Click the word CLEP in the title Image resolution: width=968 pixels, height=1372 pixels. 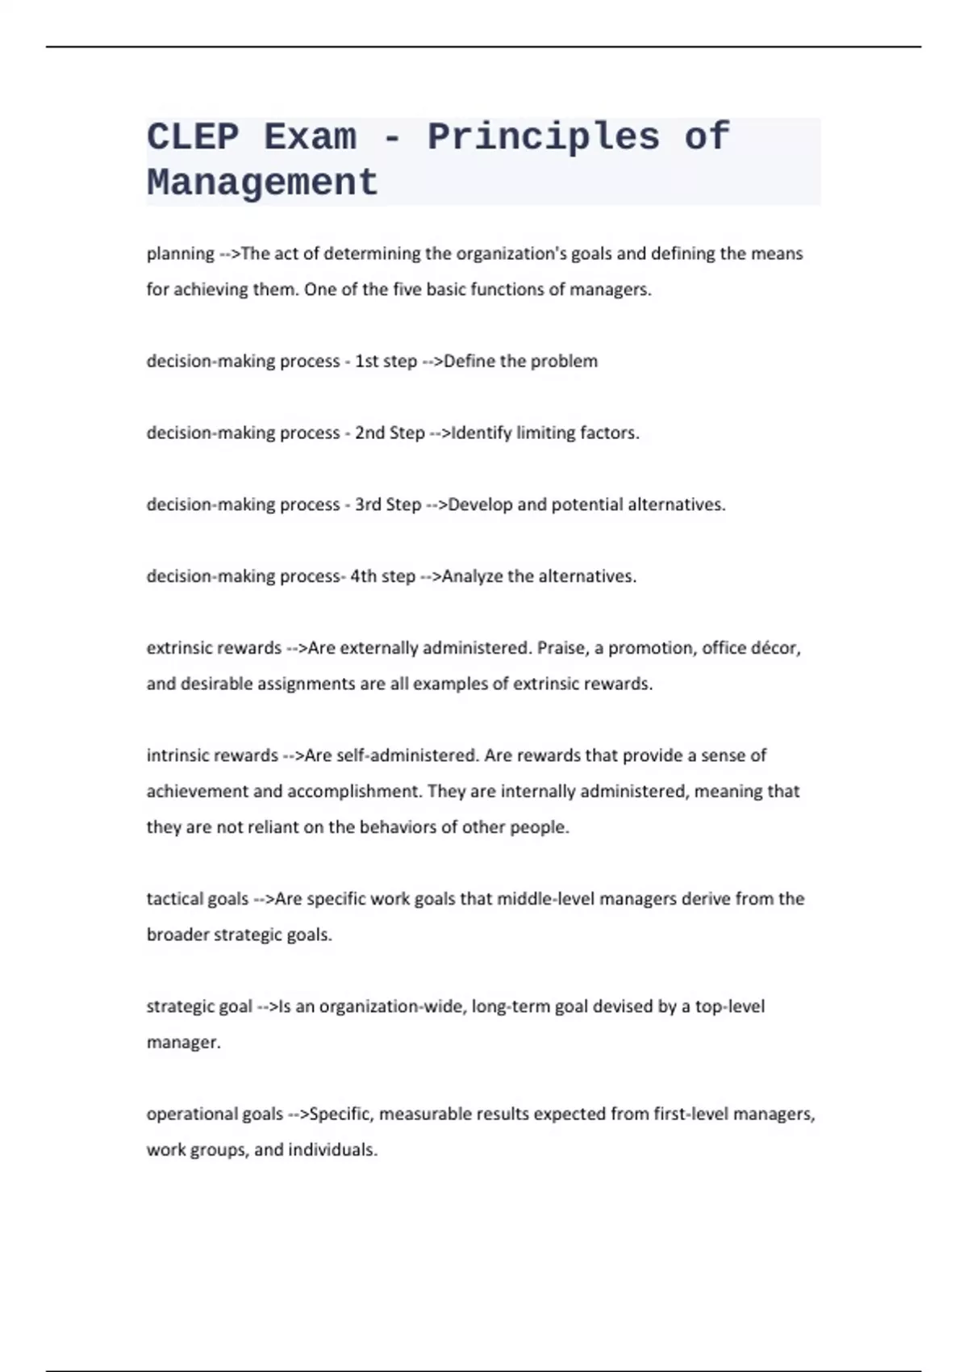[193, 137]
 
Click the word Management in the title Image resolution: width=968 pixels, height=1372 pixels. [262, 182]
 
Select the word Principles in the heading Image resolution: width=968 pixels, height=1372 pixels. [543, 137]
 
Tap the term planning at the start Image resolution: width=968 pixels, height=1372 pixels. [180, 254]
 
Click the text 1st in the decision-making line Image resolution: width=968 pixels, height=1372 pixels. [367, 362]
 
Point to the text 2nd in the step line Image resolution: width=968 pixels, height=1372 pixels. [369, 433]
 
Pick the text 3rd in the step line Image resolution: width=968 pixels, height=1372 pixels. [368, 505]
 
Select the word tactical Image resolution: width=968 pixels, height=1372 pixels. [174, 899]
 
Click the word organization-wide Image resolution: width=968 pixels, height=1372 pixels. [392, 1007]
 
